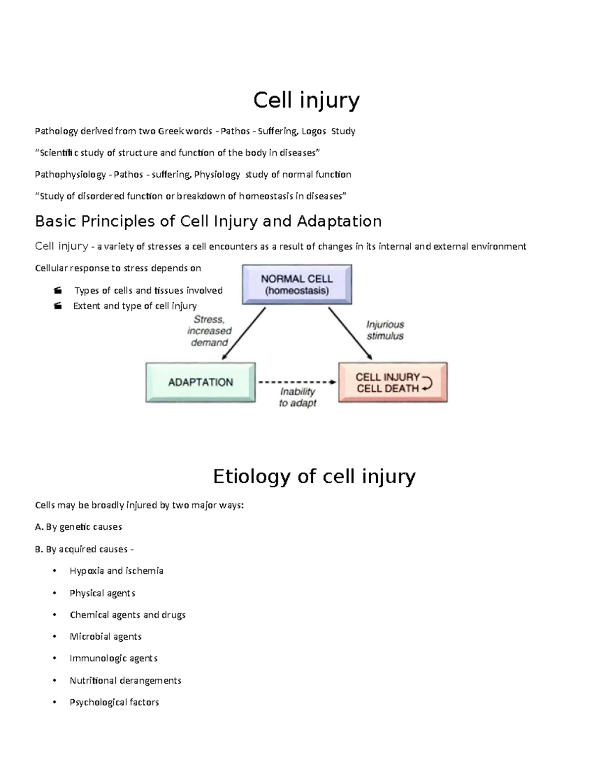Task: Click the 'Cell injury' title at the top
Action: pyautogui.click(x=306, y=101)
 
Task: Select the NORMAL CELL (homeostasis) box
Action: pyautogui.click(x=297, y=285)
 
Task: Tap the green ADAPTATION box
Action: pyautogui.click(x=200, y=382)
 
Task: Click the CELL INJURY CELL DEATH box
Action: pyautogui.click(x=393, y=383)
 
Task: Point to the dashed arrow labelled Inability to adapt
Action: pyautogui.click(x=297, y=382)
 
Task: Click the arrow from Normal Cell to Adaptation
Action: pyautogui.click(x=244, y=333)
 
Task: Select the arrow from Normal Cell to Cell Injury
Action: pyautogui.click(x=350, y=333)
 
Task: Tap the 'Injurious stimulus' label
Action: pyautogui.click(x=385, y=330)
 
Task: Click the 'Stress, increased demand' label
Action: pyautogui.click(x=209, y=331)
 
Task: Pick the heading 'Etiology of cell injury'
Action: pyautogui.click(x=314, y=476)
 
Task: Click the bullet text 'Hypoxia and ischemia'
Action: pyautogui.click(x=116, y=571)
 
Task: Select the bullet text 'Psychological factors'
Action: pyautogui.click(x=114, y=702)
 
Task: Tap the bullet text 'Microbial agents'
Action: pyautogui.click(x=105, y=636)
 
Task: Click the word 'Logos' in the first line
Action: pyautogui.click(x=314, y=131)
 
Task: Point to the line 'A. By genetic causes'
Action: pyautogui.click(x=78, y=527)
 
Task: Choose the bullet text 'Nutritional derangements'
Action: pyautogui.click(x=125, y=680)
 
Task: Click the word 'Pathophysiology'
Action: pyautogui.click(x=70, y=174)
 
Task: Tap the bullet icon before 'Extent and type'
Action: pyautogui.click(x=58, y=306)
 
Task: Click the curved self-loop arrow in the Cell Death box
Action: pyautogui.click(x=426, y=383)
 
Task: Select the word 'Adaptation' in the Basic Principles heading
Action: pyautogui.click(x=339, y=221)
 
